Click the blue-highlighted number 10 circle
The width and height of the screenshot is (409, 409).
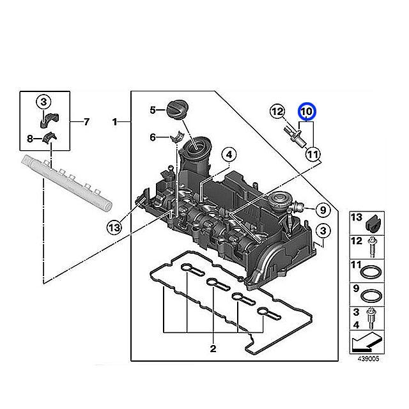(307, 112)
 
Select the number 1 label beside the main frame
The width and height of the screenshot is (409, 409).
(115, 121)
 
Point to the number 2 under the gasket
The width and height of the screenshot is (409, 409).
(212, 348)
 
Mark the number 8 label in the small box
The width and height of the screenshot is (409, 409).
(29, 137)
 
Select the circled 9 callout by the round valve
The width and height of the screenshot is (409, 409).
(322, 208)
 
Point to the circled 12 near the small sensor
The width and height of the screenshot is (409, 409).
(277, 112)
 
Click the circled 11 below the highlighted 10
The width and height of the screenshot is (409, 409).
(312, 154)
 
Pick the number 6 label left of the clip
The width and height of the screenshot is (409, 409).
(153, 137)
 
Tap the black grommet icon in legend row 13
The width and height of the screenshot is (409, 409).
(371, 222)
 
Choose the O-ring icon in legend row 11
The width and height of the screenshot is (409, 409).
(371, 271)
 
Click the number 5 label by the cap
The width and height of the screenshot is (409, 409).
(153, 111)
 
